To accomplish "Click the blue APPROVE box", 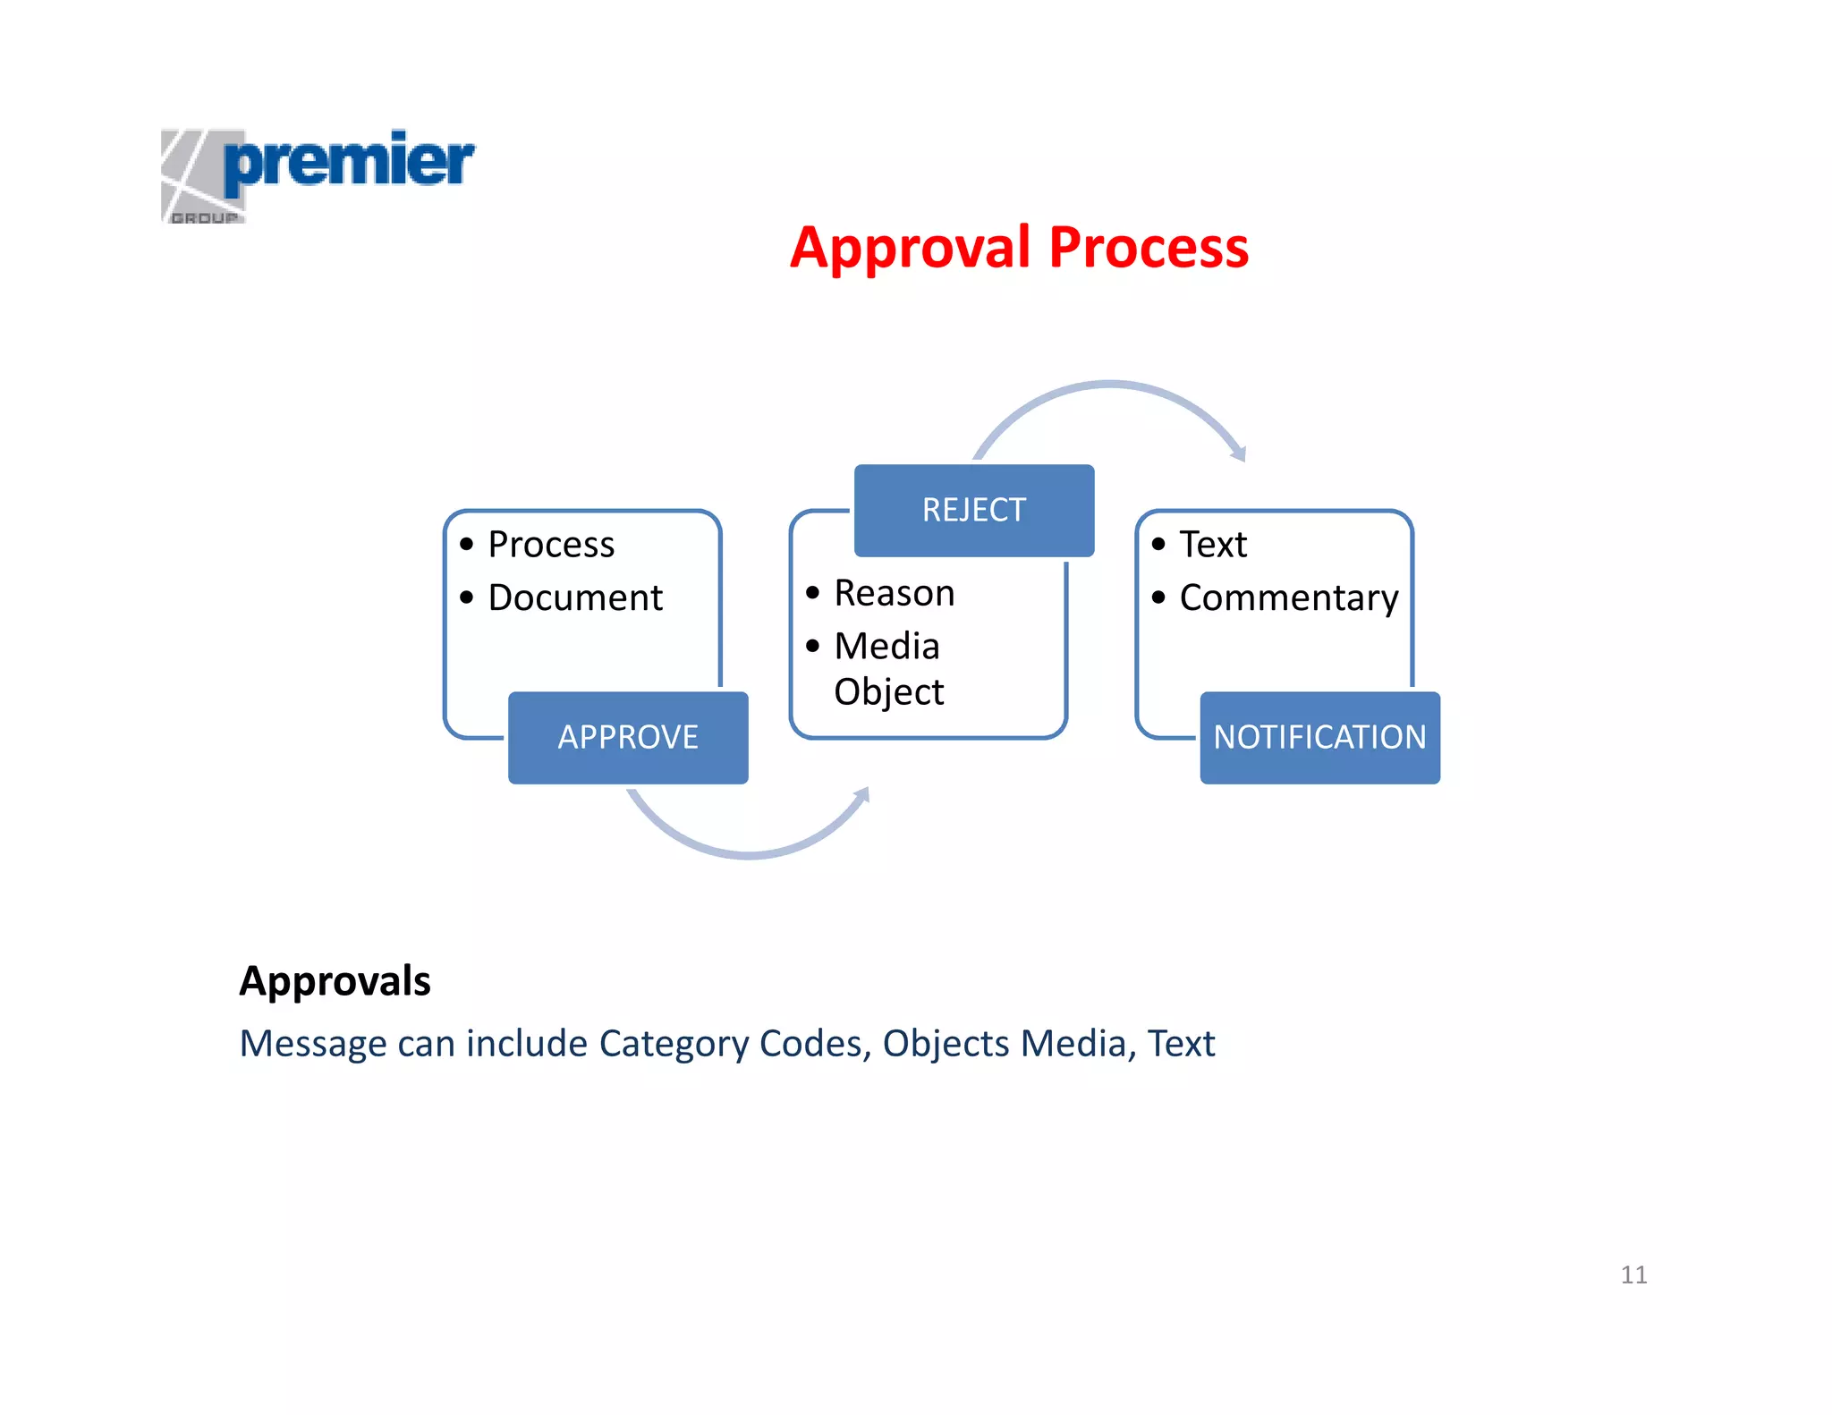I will tap(628, 737).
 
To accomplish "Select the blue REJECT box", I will tap(973, 510).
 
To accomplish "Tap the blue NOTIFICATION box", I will tap(1319, 737).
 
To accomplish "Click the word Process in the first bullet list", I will tap(551, 545).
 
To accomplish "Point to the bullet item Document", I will tap(575, 597).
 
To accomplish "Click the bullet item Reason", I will tap(894, 593).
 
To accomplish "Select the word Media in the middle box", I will tap(886, 646).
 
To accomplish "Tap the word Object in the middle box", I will tap(888, 692).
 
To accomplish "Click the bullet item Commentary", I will tap(1288, 597).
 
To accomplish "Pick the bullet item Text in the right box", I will tap(1212, 545).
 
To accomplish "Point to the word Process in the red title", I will tap(1149, 248).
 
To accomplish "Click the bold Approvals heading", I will tap(335, 981).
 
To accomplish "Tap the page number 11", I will tap(1633, 1275).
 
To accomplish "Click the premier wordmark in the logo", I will tap(349, 161).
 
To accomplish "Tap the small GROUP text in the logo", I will tap(205, 217).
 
